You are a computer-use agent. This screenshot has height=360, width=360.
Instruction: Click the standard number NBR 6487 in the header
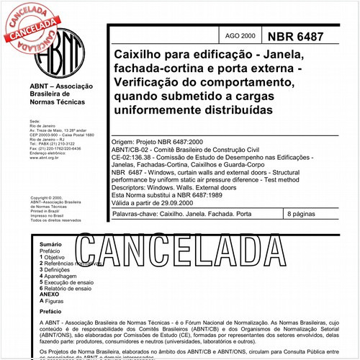coord(310,36)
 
